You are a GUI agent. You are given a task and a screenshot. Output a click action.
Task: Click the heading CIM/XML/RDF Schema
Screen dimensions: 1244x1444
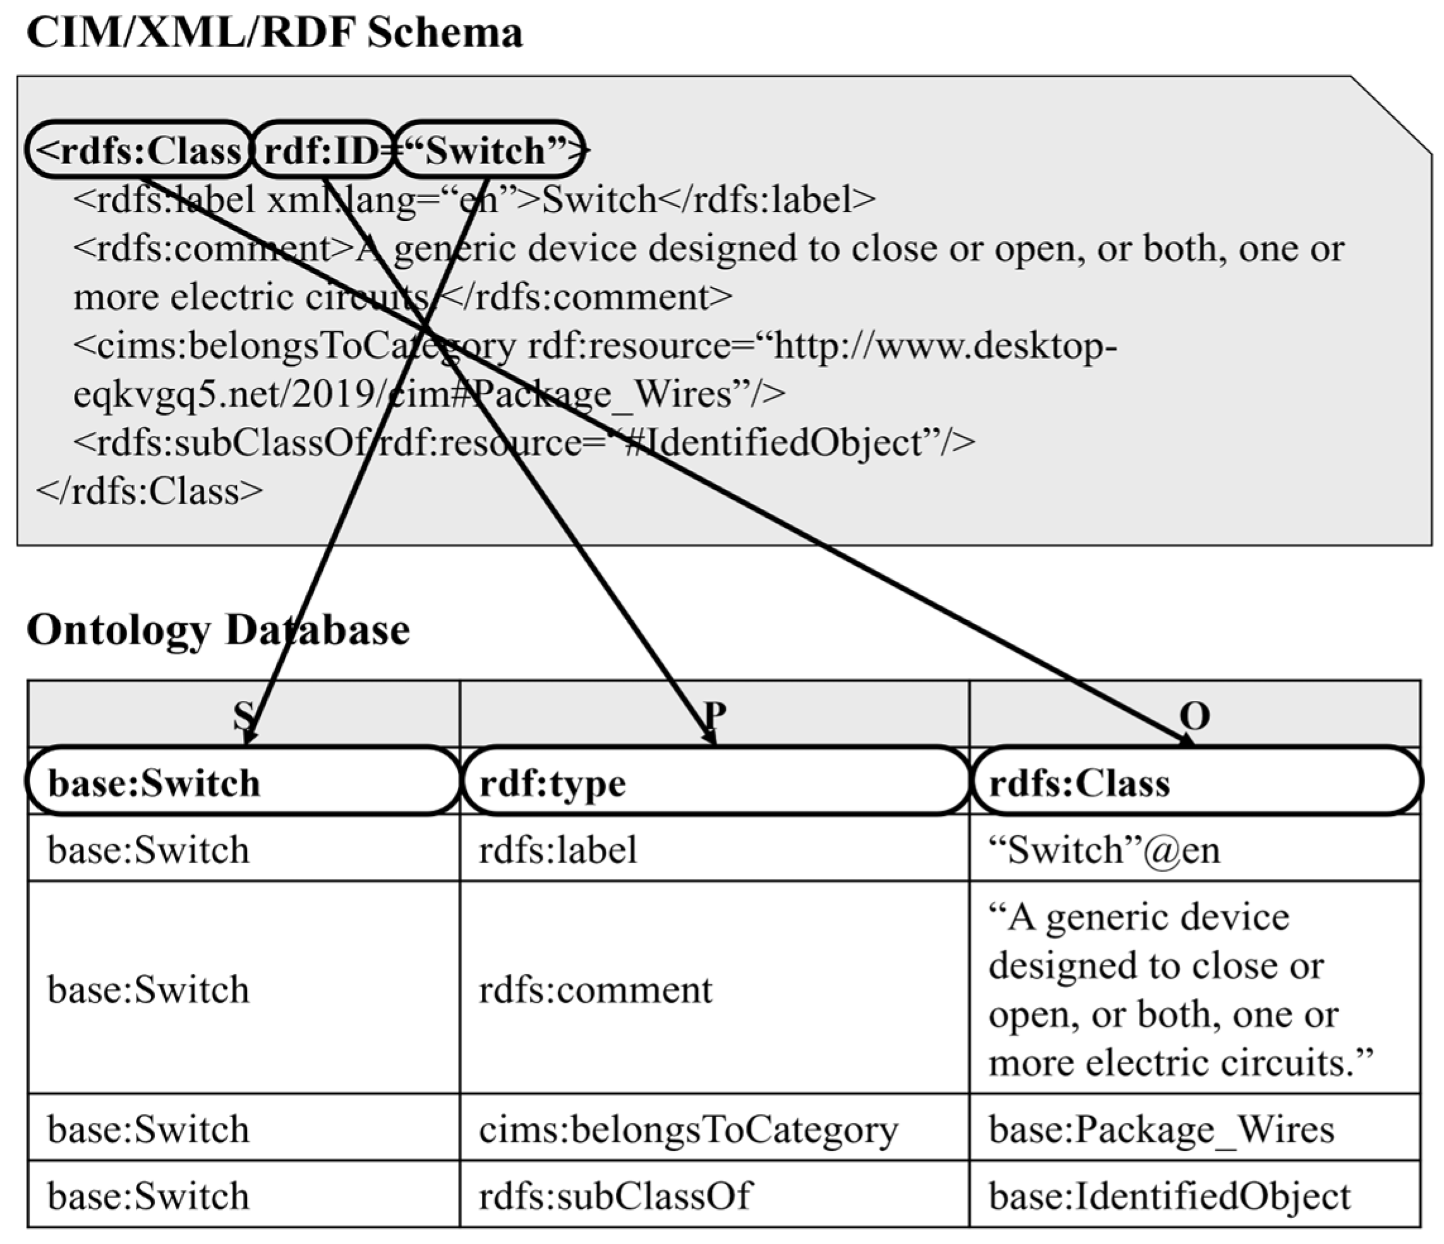pyautogui.click(x=274, y=32)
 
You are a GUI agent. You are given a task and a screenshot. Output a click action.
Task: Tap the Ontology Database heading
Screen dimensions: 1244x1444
pyautogui.click(x=218, y=629)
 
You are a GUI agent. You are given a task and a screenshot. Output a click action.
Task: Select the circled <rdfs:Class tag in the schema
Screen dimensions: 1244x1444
pyautogui.click(x=138, y=150)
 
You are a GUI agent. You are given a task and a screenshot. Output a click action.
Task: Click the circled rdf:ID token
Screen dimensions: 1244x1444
pyautogui.click(x=322, y=150)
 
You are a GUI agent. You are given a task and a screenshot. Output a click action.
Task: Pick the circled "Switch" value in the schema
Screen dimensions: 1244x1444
pyautogui.click(x=488, y=150)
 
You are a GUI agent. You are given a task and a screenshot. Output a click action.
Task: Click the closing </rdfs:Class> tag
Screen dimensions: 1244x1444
pyautogui.click(x=149, y=491)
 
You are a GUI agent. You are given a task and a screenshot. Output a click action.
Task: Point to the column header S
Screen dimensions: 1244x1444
pyautogui.click(x=243, y=715)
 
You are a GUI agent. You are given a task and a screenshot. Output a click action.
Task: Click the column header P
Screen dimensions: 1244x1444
pyautogui.click(x=714, y=715)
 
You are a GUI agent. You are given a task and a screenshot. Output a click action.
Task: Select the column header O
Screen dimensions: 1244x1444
pyautogui.click(x=1194, y=715)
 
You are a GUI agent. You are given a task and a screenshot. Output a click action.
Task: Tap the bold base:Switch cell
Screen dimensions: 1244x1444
pyautogui.click(x=153, y=782)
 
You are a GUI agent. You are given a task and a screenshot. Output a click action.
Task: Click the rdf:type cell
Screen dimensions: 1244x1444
pyautogui.click(x=553, y=782)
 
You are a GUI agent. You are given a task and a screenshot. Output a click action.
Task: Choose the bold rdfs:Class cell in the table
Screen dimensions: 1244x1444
pyautogui.click(x=1079, y=782)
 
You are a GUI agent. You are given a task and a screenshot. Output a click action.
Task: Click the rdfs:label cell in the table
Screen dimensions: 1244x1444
pyautogui.click(x=558, y=849)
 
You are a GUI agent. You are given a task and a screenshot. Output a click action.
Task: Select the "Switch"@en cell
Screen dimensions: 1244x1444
pyautogui.click(x=1104, y=849)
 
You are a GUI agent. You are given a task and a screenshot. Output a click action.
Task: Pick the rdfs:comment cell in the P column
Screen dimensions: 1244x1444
pyautogui.click(x=595, y=989)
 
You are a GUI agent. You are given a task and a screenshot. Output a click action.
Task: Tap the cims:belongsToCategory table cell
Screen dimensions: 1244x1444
pyautogui.click(x=688, y=1128)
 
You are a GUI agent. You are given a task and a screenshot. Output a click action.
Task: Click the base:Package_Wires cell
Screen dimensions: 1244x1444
pyautogui.click(x=1161, y=1128)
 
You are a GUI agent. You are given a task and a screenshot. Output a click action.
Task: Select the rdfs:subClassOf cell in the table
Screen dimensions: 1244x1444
pyautogui.click(x=614, y=1195)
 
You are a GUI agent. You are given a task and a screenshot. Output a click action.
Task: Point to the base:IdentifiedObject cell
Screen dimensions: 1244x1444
pyautogui.click(x=1169, y=1195)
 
